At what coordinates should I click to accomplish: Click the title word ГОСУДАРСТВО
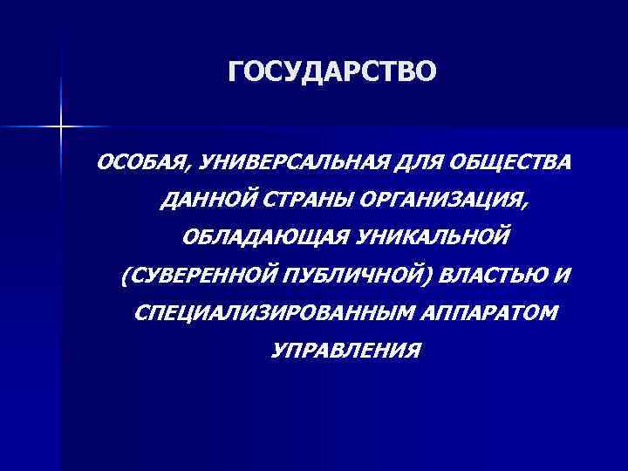pyautogui.click(x=330, y=72)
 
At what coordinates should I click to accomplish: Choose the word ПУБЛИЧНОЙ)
pyautogui.click(x=354, y=276)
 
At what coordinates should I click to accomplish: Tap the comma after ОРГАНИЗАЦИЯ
pyautogui.click(x=525, y=206)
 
